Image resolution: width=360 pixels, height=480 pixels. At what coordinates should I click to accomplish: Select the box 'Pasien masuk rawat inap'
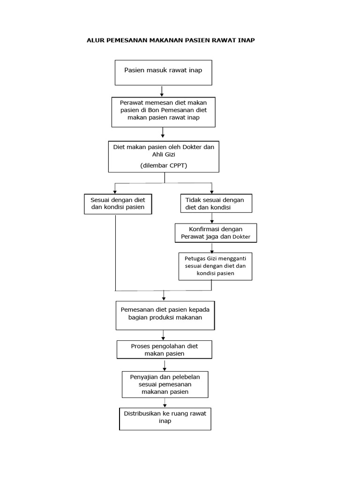click(x=164, y=73)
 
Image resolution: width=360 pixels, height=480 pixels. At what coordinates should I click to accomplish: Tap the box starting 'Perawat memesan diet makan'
click(x=164, y=112)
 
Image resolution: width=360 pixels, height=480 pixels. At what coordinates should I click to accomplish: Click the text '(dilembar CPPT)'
click(x=164, y=165)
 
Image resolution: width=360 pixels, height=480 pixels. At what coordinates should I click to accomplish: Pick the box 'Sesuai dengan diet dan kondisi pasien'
click(x=118, y=204)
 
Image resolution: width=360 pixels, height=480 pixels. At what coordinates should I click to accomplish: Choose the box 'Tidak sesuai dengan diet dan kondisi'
click(x=217, y=203)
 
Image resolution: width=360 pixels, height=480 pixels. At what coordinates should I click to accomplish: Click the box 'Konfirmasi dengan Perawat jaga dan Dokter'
click(x=216, y=233)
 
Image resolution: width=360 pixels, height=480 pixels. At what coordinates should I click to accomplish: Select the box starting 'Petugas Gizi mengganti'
click(x=216, y=266)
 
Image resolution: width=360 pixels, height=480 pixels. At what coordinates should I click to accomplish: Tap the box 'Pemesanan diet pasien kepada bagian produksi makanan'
click(x=165, y=315)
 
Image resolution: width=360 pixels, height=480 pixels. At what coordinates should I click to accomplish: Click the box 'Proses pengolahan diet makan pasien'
click(x=165, y=350)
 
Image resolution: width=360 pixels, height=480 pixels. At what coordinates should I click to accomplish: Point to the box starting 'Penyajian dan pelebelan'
click(x=165, y=384)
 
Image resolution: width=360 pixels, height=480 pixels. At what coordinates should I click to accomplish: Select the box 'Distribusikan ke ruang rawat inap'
click(x=165, y=419)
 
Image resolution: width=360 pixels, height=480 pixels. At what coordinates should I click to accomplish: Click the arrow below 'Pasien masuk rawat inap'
click(x=162, y=91)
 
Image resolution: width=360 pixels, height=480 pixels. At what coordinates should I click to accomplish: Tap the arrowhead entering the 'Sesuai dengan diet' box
click(x=115, y=192)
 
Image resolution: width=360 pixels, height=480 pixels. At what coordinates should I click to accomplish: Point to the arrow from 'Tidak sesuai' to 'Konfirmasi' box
click(x=212, y=218)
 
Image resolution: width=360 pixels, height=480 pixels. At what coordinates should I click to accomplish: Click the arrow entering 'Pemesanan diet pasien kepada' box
click(x=164, y=295)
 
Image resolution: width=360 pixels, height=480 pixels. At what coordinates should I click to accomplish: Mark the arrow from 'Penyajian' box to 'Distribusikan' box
click(x=165, y=403)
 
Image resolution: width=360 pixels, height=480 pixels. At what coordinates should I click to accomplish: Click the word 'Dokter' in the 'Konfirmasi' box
click(x=241, y=237)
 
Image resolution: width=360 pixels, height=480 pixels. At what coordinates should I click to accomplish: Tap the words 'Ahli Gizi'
click(x=164, y=155)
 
